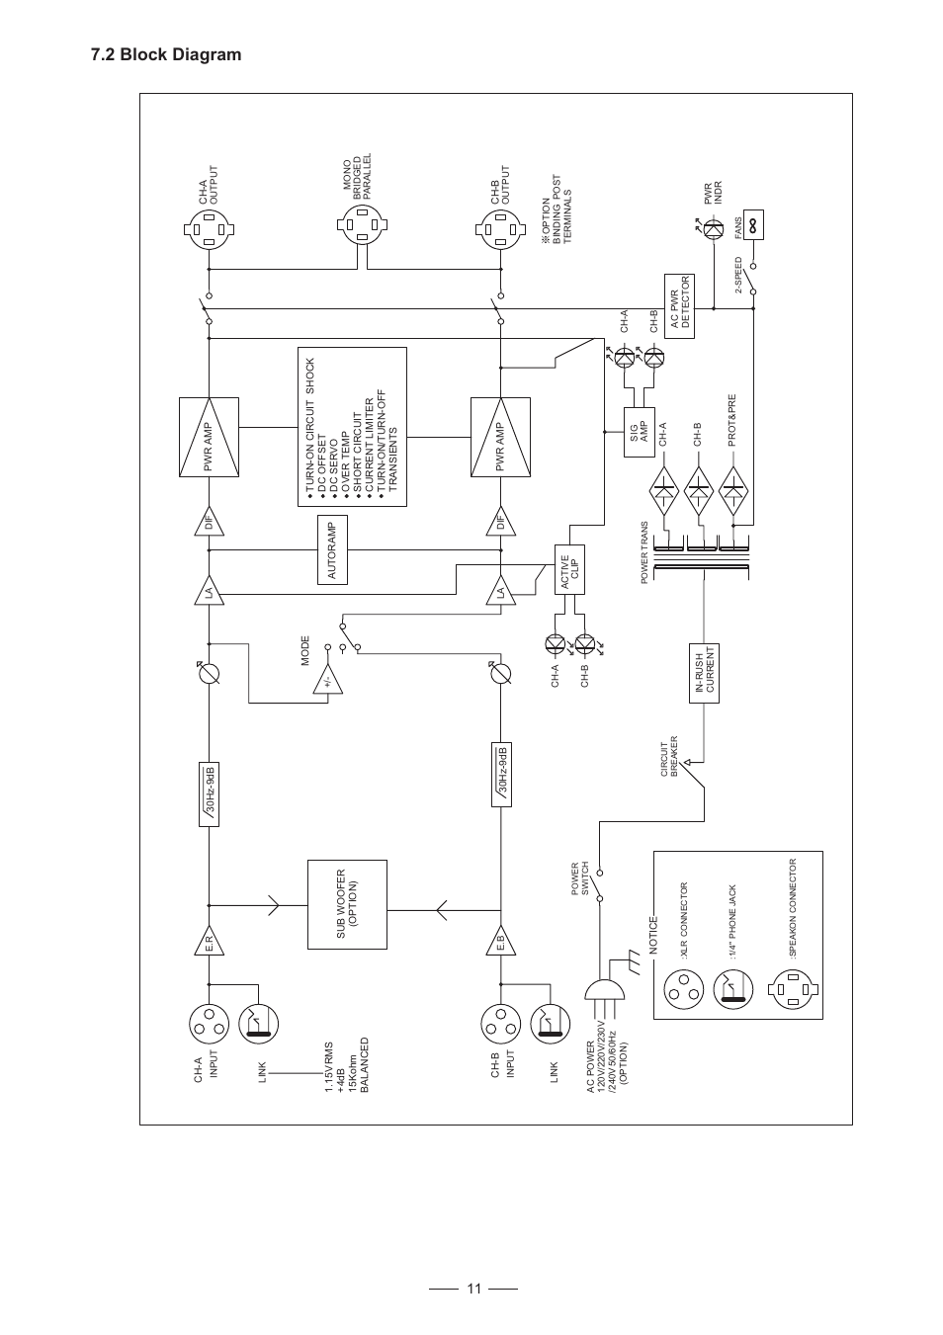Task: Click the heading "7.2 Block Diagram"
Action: click(x=165, y=55)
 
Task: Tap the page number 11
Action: click(x=474, y=1288)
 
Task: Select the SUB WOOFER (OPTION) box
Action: click(x=347, y=904)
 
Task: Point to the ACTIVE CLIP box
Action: click(x=569, y=569)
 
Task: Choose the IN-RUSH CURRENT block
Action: click(x=703, y=674)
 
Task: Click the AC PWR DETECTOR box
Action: click(x=679, y=306)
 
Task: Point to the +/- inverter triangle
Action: click(x=327, y=681)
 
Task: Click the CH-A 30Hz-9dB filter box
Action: click(x=211, y=793)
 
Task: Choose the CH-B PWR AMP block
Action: click(x=500, y=437)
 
